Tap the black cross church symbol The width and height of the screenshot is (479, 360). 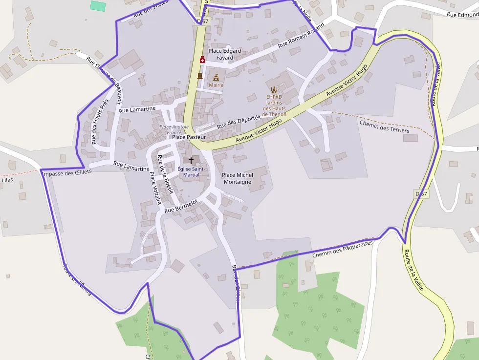[191, 160]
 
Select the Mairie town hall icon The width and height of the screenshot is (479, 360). [216, 77]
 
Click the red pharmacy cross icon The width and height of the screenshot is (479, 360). [202, 60]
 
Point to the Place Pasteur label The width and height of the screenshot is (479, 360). [189, 137]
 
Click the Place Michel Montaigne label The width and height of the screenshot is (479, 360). [237, 178]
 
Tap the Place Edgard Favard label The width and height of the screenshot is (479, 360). [225, 54]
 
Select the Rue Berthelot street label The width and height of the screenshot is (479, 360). [181, 206]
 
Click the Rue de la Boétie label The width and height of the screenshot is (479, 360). [165, 174]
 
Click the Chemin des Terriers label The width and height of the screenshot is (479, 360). [384, 126]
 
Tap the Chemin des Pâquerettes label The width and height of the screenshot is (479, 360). [342, 249]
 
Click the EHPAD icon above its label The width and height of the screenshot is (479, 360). [274, 89]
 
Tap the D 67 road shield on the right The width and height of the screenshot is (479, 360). [421, 194]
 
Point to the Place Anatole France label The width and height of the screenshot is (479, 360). [174, 129]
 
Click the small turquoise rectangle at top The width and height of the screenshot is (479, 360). [98, 6]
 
